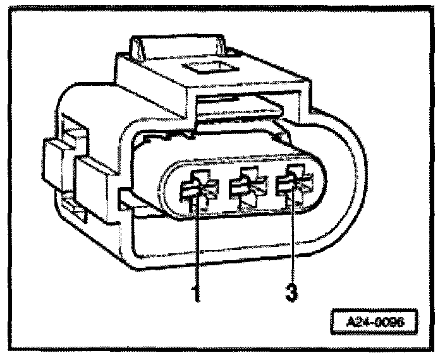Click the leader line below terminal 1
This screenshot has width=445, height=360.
coord(198,246)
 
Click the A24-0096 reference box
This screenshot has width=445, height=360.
coord(375,320)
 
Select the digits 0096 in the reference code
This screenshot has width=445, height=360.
coord(390,320)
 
